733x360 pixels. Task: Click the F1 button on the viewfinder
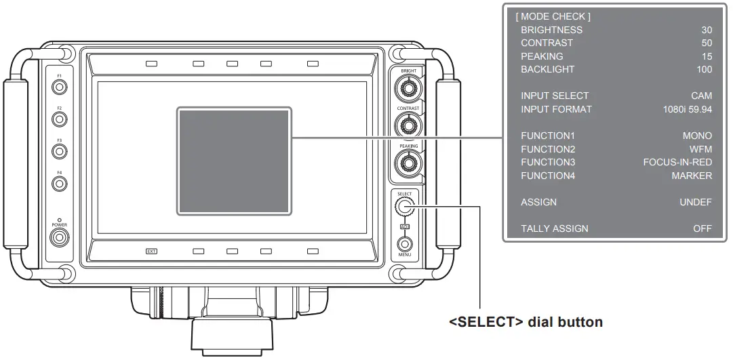pos(60,87)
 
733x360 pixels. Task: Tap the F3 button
pos(60,151)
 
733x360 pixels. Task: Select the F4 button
pos(60,183)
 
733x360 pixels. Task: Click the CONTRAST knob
pos(409,124)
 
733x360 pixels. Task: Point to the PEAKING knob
pos(409,162)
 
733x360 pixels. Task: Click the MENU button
pos(405,243)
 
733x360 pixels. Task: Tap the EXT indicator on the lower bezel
pos(151,251)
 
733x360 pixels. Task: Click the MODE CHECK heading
pos(553,16)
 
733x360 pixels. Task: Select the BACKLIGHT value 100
pos(704,69)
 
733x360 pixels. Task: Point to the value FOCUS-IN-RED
pos(677,162)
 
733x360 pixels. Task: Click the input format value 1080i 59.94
pos(688,109)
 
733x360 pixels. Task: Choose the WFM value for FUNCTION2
pos(700,149)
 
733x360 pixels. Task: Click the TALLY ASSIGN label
pos(554,228)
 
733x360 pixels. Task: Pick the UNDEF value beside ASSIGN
pos(696,202)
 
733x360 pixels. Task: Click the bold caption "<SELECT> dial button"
pos(526,322)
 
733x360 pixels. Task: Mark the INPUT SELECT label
pos(555,96)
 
